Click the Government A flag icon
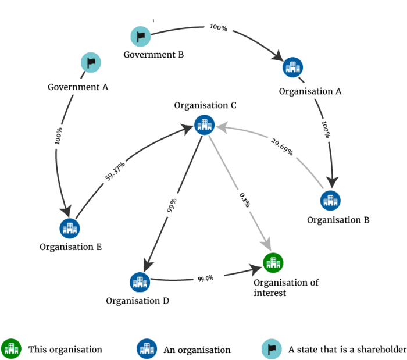(91, 62)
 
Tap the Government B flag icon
(140, 37)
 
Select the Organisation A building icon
(292, 67)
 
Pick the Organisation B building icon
(331, 200)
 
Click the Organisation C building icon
(204, 124)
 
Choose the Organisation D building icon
(140, 282)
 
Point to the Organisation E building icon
(70, 227)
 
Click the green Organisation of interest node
(273, 263)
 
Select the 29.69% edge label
(281, 148)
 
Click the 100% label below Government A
(58, 136)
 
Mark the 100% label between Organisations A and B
(327, 130)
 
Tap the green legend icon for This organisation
(11, 349)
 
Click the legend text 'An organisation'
(197, 350)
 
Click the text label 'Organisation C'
(205, 105)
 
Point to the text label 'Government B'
(153, 55)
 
